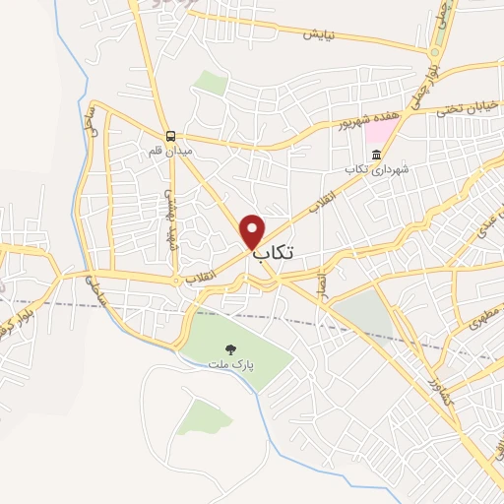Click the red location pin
click(254, 230)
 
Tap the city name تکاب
click(274, 255)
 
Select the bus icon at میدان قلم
click(171, 137)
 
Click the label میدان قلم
click(167, 152)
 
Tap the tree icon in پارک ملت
click(231, 348)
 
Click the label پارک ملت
click(229, 364)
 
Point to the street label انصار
click(320, 286)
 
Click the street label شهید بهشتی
click(169, 216)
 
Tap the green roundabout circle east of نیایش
click(434, 52)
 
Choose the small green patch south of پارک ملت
click(206, 415)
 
